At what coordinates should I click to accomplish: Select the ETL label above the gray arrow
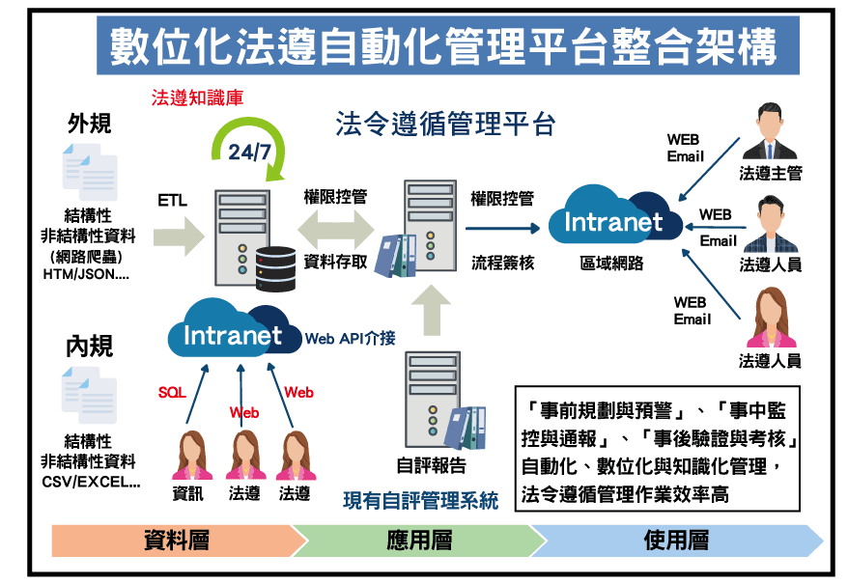coord(173,201)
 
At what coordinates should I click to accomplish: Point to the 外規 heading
coord(89,125)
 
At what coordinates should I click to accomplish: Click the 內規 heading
coord(89,347)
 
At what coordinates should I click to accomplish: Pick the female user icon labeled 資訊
coord(190,455)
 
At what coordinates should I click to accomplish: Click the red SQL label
coord(172,393)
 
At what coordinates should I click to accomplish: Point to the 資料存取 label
coord(335,261)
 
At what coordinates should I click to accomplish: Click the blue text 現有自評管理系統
coord(421,501)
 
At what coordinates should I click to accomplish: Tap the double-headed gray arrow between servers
coord(334,229)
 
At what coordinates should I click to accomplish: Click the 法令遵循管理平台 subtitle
coord(445,125)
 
